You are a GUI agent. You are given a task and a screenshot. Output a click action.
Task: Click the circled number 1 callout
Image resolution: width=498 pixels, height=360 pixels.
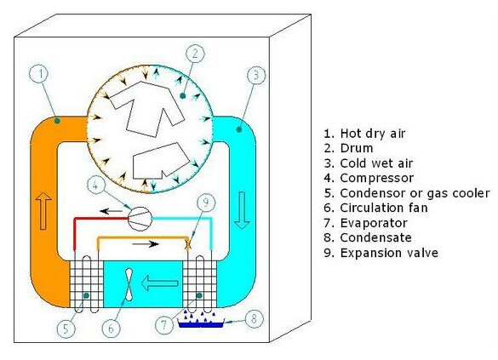click(x=40, y=74)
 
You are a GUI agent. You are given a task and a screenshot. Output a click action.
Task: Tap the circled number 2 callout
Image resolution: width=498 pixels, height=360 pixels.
click(x=195, y=54)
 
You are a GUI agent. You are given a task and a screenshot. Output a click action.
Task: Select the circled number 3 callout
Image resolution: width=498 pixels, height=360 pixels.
click(x=256, y=75)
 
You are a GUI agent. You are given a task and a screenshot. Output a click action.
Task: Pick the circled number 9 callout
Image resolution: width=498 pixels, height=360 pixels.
click(x=206, y=203)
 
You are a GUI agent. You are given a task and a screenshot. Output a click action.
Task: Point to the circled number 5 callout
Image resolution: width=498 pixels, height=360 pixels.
click(x=66, y=329)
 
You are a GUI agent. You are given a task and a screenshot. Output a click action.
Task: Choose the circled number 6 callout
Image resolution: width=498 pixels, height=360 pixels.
click(x=111, y=329)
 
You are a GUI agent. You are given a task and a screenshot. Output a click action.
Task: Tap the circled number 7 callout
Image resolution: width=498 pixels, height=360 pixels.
click(x=164, y=324)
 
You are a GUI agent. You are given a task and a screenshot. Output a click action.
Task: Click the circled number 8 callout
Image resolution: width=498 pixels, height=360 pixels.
click(x=254, y=319)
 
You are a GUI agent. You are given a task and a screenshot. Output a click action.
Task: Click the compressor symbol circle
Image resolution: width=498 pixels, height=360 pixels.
click(x=140, y=219)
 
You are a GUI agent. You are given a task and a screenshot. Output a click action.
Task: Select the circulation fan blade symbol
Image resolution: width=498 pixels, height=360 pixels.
click(x=129, y=284)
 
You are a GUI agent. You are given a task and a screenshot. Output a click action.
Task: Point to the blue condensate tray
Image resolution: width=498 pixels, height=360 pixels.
click(x=202, y=324)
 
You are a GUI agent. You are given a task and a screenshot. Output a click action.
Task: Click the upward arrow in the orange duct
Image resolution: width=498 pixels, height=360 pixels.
click(x=43, y=211)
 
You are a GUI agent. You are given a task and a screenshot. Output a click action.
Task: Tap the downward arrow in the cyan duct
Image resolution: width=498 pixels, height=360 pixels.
click(x=242, y=210)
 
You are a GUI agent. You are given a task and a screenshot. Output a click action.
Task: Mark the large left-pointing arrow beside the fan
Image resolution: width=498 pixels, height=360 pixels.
click(x=159, y=283)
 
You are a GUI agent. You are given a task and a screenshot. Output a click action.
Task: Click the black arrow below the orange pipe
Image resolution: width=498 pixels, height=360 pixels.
click(x=146, y=244)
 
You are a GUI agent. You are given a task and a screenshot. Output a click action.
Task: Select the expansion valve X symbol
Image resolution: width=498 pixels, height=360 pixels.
click(x=188, y=244)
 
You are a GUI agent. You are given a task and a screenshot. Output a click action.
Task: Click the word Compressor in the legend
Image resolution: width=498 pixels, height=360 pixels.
click(x=377, y=178)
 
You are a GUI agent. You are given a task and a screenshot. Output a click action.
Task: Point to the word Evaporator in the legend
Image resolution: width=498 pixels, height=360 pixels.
click(x=374, y=223)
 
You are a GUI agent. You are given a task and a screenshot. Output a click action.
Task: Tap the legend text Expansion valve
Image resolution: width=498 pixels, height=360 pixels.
click(x=389, y=253)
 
